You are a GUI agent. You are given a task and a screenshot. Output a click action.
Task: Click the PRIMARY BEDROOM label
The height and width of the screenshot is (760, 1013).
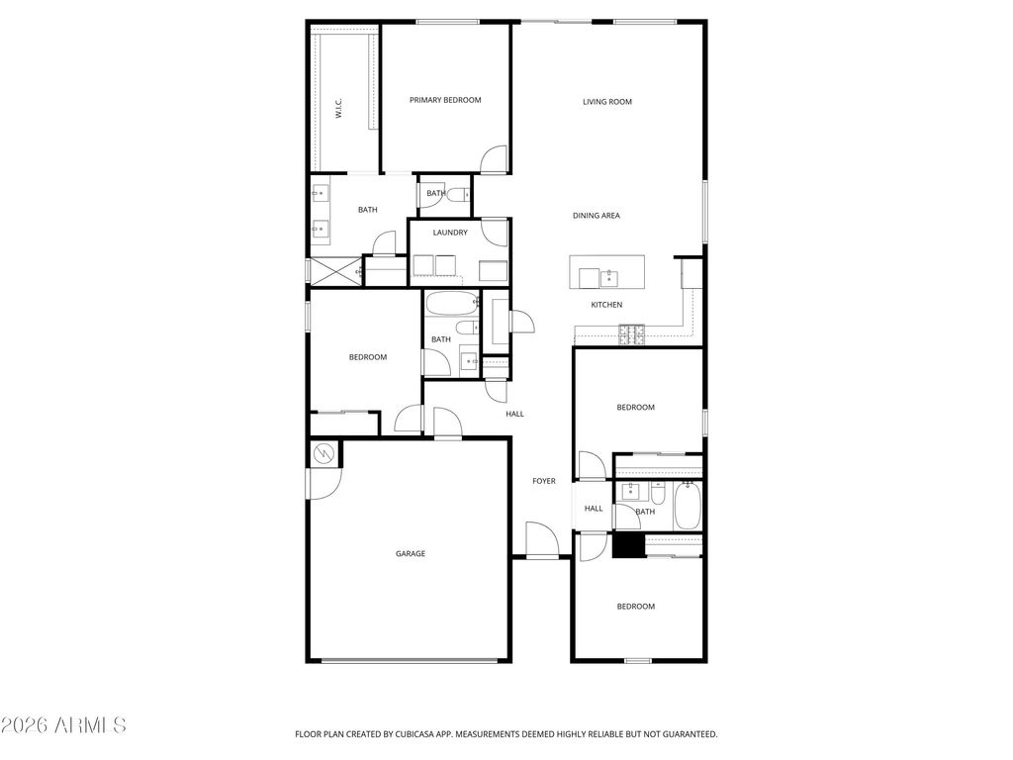coord(445,100)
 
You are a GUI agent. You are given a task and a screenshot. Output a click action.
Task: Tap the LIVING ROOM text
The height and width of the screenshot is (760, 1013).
coord(606,102)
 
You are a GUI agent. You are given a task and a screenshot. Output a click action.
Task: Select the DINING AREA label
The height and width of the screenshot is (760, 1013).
coord(597,216)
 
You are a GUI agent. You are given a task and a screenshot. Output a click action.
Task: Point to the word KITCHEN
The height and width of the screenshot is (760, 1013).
coord(606,305)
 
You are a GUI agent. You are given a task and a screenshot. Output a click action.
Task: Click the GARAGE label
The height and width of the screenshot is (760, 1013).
coord(411,554)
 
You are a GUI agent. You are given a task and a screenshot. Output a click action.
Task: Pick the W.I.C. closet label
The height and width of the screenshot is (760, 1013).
coord(338,109)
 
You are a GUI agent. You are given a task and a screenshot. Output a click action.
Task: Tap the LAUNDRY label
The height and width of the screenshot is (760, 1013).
coord(450,233)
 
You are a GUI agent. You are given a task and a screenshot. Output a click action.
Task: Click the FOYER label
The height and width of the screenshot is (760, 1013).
coord(544,482)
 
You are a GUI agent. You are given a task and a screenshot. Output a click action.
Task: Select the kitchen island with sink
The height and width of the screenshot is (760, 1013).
coord(606,273)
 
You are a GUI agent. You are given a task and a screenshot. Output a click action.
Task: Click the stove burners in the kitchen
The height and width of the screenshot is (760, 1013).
coord(631,335)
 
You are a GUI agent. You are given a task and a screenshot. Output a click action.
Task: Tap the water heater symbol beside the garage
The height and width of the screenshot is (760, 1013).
coord(324,454)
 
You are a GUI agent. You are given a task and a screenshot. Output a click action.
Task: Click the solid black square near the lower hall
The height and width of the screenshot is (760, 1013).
coord(627,546)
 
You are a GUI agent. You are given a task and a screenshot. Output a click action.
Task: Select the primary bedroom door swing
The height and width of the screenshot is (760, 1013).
coord(493,159)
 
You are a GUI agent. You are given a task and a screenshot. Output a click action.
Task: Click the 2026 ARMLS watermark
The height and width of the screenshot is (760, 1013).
coord(64,725)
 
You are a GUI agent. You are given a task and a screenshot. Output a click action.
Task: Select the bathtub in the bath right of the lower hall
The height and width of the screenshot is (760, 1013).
coord(688,506)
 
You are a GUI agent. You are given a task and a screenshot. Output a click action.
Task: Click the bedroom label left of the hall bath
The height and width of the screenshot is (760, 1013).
coord(368,357)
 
